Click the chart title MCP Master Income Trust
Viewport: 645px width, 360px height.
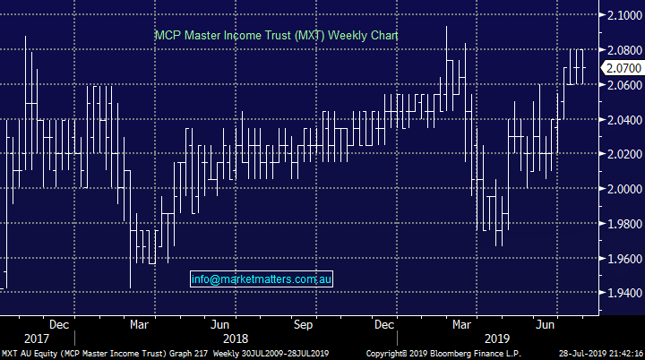275,35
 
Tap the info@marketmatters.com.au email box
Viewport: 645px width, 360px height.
262,279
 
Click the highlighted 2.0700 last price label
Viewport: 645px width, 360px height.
621,68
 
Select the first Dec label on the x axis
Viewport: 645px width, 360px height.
60,323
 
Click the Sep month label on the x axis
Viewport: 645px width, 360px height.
304,323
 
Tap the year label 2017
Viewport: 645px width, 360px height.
37,339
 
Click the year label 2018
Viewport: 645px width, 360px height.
236,339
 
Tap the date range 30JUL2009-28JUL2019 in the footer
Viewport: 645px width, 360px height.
278,354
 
